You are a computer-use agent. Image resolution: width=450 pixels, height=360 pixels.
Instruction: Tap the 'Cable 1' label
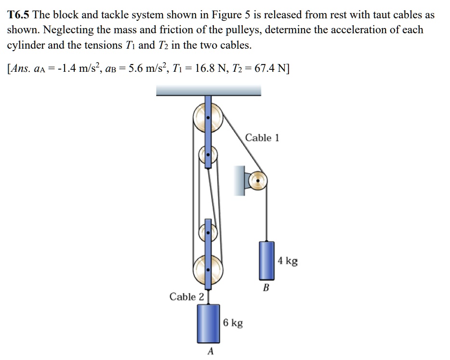pyautogui.click(x=262, y=138)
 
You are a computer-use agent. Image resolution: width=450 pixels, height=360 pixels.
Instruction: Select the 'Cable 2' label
pyautogui.click(x=186, y=296)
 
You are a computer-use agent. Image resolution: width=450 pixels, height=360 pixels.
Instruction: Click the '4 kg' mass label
pyautogui.click(x=288, y=261)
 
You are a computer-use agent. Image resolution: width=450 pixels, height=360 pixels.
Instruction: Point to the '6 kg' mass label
pyautogui.click(x=233, y=322)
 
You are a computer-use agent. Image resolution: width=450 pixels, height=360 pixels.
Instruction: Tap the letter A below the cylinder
pyautogui.click(x=210, y=351)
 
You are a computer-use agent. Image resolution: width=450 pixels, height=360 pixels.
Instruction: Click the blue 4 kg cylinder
pyautogui.click(x=266, y=260)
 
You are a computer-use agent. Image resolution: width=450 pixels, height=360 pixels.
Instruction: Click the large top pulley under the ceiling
pyautogui.click(x=208, y=118)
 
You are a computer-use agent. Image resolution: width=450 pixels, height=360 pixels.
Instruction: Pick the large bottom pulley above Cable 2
pyautogui.click(x=208, y=270)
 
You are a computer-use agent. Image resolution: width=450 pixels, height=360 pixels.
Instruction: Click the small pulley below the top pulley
pyautogui.click(x=208, y=155)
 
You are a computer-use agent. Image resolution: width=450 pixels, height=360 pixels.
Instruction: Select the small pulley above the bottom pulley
pyautogui.click(x=208, y=232)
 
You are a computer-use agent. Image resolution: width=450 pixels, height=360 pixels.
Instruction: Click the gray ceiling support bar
pyautogui.click(x=209, y=90)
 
